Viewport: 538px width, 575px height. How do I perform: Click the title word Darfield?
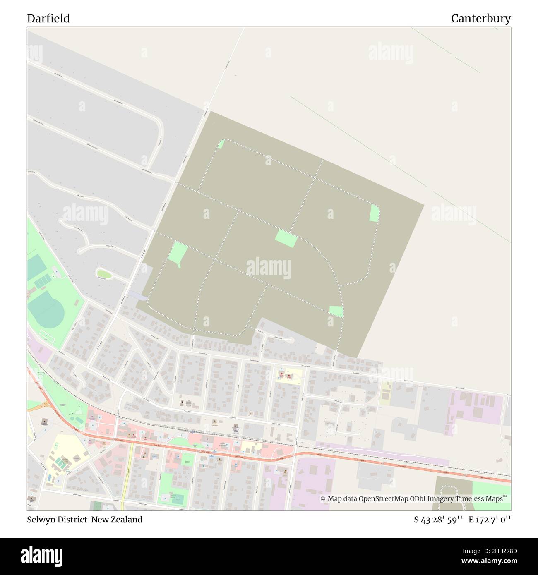48,19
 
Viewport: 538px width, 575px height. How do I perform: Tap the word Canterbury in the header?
480,19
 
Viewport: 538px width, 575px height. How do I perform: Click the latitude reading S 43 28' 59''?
438,520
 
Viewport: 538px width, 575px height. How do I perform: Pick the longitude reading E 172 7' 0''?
490,520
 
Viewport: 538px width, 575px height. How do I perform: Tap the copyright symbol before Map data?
323,498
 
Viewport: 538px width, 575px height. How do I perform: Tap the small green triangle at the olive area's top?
221,144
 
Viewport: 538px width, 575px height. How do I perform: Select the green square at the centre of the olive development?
286,238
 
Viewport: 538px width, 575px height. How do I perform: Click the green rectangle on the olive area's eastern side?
374,213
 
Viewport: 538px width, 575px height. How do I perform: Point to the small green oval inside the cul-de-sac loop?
104,273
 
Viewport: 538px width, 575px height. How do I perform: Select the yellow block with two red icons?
289,376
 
